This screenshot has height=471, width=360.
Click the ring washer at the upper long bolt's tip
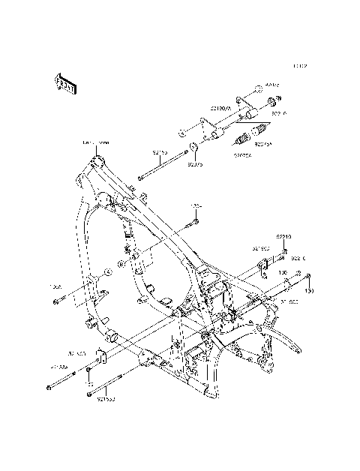pyautogui.click(x=193, y=148)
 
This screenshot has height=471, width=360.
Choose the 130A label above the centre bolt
pyautogui.click(x=196, y=206)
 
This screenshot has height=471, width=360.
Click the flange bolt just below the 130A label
pyautogui.click(x=193, y=221)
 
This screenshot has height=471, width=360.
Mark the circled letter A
pyautogui.click(x=108, y=271)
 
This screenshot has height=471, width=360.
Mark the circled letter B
pyautogui.click(x=121, y=265)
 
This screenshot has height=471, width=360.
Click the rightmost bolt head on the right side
pyautogui.click(x=308, y=276)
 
